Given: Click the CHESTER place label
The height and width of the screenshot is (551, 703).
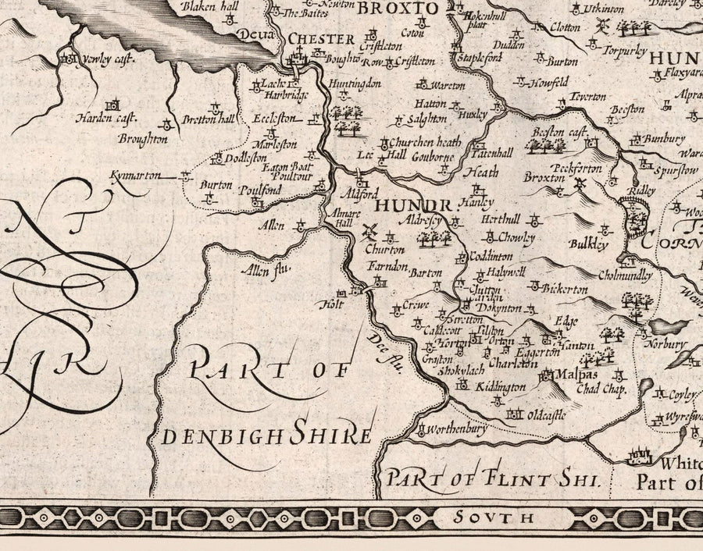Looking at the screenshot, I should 321,38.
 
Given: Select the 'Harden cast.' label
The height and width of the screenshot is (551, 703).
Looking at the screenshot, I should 106,119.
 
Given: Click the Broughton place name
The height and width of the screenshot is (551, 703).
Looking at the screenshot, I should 142,139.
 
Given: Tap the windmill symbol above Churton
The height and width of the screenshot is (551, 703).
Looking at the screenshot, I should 370,231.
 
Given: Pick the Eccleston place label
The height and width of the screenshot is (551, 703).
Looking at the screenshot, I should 276,119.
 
